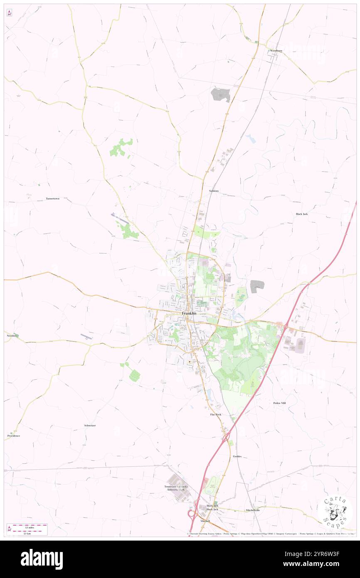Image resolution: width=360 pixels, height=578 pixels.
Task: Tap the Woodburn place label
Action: click(276, 51)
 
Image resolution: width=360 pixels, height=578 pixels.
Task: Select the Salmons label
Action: click(214, 191)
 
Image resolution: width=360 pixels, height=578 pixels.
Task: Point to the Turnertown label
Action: click(53, 199)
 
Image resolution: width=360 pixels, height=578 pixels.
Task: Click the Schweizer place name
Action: click(90, 425)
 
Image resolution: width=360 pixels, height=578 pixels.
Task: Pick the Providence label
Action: click(14, 436)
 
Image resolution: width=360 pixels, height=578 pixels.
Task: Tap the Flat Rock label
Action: click(215, 415)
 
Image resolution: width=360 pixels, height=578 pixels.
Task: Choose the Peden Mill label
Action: click(279, 403)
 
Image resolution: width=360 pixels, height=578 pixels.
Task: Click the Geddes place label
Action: click(237, 456)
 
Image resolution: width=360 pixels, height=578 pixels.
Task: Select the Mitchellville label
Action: click(252, 510)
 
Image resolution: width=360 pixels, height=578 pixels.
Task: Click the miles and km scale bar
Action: click(27, 529)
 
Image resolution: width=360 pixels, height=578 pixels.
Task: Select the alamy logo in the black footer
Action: click(42, 559)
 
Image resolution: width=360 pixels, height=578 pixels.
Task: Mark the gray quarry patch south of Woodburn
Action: click(220, 95)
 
